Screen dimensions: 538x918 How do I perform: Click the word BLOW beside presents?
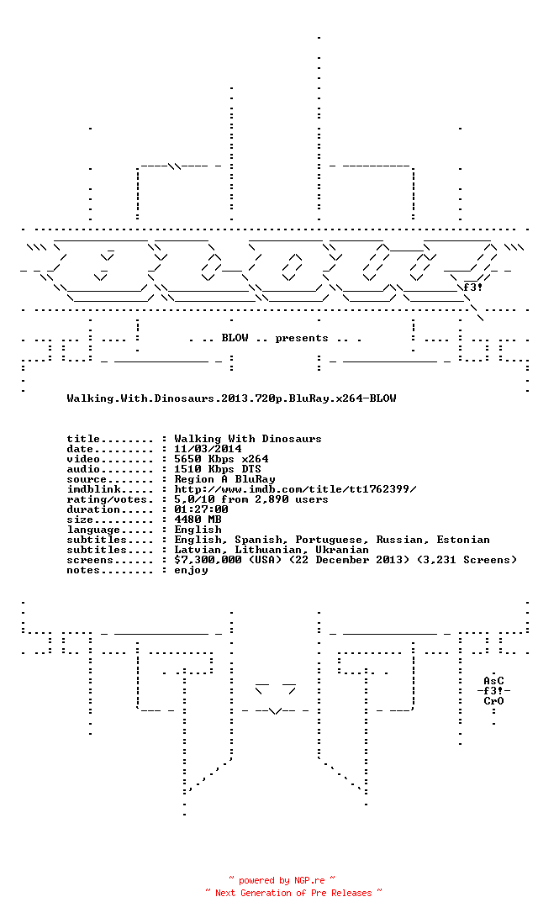235,338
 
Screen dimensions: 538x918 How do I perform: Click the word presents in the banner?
302,339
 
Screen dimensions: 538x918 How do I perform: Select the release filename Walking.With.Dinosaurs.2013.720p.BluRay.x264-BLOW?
231,398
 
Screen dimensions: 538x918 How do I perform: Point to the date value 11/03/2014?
208,449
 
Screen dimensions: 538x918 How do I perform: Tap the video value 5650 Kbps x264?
221,459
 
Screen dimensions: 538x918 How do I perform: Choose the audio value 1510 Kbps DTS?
218,469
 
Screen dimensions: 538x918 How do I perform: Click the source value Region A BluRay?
224,479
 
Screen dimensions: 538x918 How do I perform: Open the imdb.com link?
296,489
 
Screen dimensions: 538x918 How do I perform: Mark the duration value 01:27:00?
202,509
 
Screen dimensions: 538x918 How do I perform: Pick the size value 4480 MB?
198,520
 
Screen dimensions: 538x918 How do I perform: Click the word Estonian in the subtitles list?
463,540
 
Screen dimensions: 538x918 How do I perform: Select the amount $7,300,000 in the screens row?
208,560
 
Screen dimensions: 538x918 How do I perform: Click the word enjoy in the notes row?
191,570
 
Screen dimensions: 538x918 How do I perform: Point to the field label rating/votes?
110,499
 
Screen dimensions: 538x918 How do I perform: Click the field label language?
93,530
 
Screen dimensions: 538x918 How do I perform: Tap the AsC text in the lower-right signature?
493,681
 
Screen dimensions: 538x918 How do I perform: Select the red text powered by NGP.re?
282,880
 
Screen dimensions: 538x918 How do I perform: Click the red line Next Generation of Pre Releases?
293,893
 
